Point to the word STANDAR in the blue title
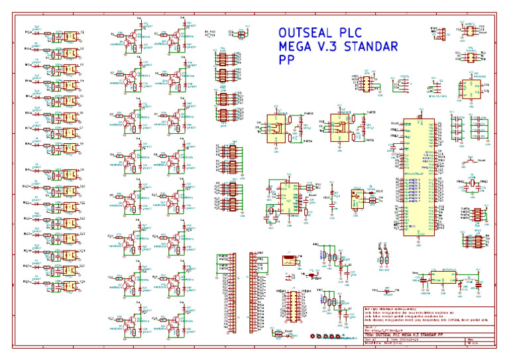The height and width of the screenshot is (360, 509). (x=374, y=46)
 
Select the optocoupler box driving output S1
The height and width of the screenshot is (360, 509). (x=68, y=33)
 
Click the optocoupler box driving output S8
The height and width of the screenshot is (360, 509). (x=68, y=145)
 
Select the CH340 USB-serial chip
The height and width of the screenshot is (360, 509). (x=288, y=196)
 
